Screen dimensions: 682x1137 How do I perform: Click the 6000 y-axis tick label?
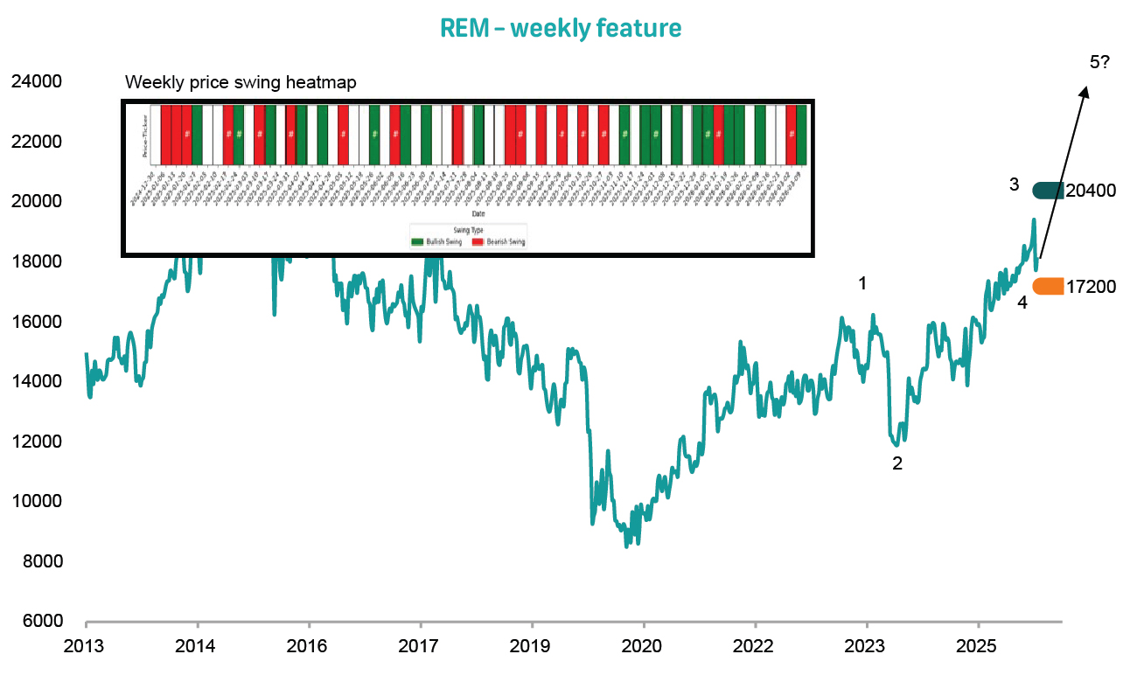(36, 622)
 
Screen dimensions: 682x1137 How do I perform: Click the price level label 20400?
(1091, 191)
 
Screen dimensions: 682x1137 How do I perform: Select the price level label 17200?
(1091, 287)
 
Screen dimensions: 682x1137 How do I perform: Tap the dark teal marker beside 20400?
(1048, 190)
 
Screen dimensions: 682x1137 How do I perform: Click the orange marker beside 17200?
(1048, 286)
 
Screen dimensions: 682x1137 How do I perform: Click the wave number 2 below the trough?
(896, 464)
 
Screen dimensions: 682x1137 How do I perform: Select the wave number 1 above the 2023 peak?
(863, 283)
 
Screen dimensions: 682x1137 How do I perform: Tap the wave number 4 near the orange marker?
(1022, 303)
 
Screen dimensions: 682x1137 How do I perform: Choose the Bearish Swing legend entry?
(499, 240)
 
